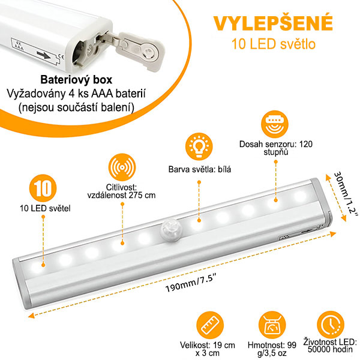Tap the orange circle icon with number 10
(x=43, y=188)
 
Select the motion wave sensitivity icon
(x=122, y=167)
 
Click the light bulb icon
(x=199, y=146)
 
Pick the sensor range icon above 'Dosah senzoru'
(x=275, y=124)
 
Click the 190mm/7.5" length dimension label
(x=191, y=284)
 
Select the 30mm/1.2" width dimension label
(x=346, y=194)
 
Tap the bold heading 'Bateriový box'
(x=76, y=80)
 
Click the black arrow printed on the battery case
(x=44, y=55)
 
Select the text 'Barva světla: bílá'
(x=200, y=169)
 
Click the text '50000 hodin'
(x=330, y=349)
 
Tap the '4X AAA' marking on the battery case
(x=19, y=46)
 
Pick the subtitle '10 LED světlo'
(x=273, y=44)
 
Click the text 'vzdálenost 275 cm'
(x=121, y=195)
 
